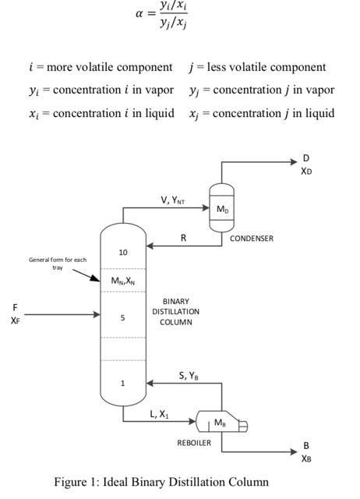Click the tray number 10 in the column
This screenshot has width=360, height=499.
pyautogui.click(x=123, y=253)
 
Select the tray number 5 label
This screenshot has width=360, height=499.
pyautogui.click(x=122, y=318)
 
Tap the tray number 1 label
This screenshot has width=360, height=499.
pyautogui.click(x=122, y=383)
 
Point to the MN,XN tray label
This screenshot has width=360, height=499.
pyautogui.click(x=123, y=281)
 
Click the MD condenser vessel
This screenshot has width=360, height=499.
pyautogui.click(x=222, y=209)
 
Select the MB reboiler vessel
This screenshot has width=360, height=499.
pyautogui.click(x=221, y=423)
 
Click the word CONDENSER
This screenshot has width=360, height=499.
pyautogui.click(x=251, y=239)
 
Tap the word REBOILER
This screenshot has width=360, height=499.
pyautogui.click(x=193, y=442)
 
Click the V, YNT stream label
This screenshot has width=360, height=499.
pyautogui.click(x=173, y=200)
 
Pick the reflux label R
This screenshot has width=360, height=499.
pyautogui.click(x=184, y=238)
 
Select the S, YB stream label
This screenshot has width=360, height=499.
pyautogui.click(x=189, y=376)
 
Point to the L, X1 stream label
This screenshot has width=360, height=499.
pyautogui.click(x=159, y=414)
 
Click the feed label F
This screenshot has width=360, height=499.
pyautogui.click(x=14, y=307)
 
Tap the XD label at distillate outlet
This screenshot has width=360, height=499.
pyautogui.click(x=306, y=171)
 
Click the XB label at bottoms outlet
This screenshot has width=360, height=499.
pyautogui.click(x=306, y=458)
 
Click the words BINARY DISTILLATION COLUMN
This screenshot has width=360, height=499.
pyautogui.click(x=175, y=311)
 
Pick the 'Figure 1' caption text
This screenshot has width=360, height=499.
pyautogui.click(x=161, y=482)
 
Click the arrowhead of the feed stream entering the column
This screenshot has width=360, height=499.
pyautogui.click(x=97, y=315)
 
